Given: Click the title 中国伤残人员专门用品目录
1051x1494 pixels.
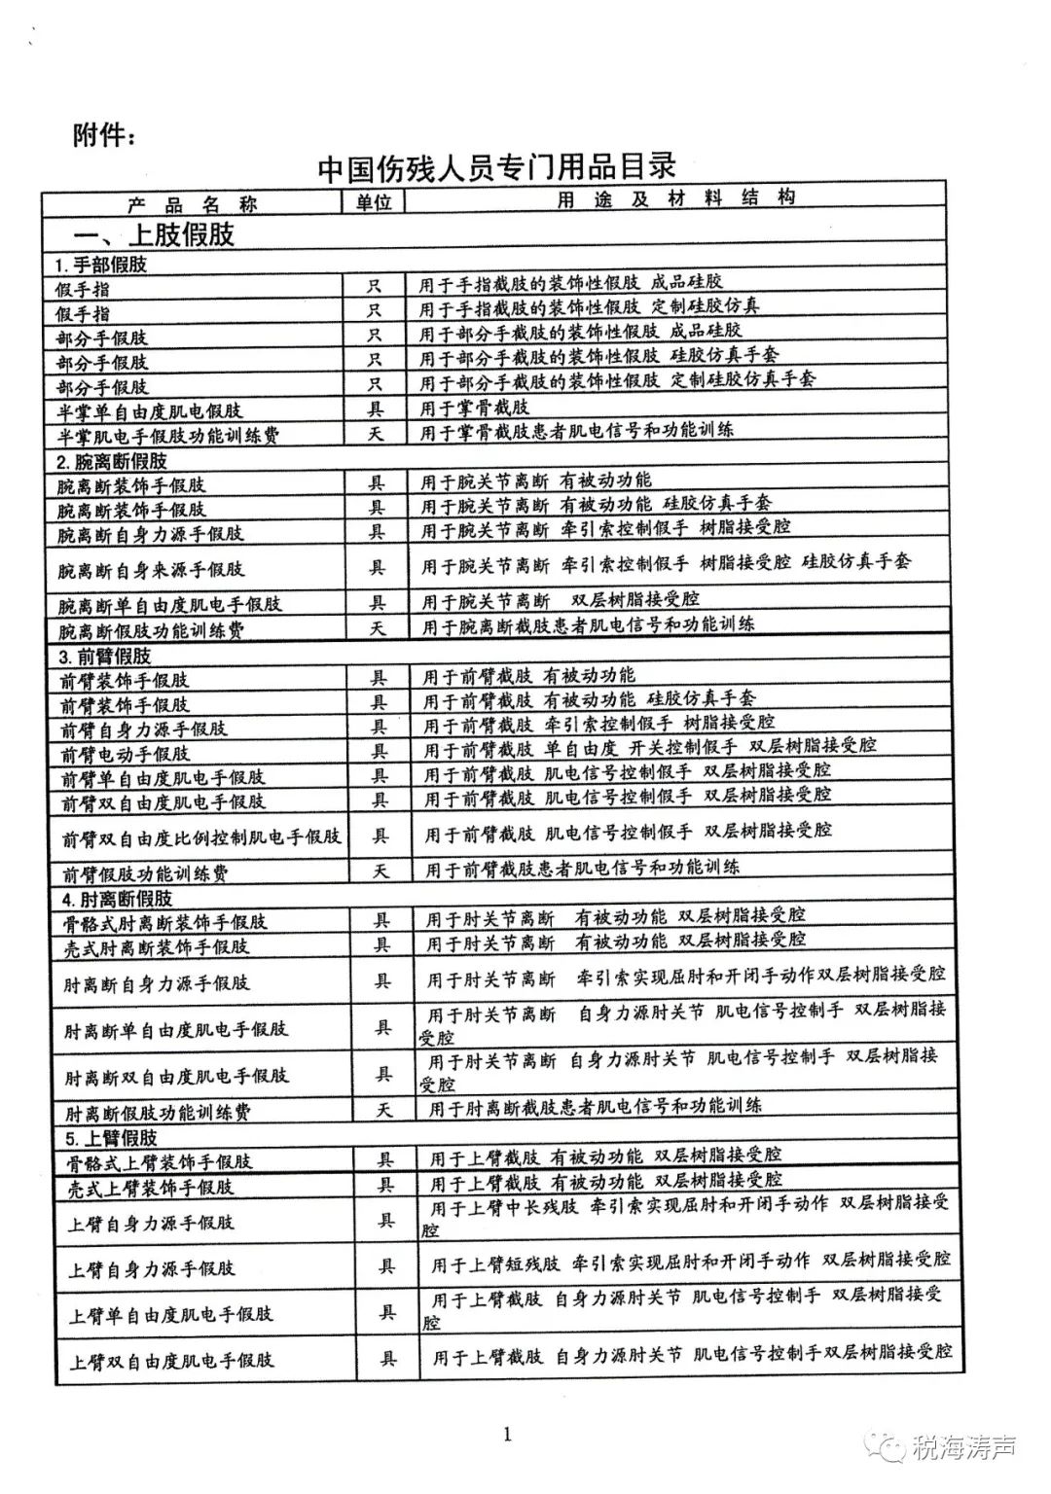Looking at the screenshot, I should tap(496, 166).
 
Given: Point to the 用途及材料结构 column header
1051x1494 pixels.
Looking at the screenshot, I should tap(675, 199).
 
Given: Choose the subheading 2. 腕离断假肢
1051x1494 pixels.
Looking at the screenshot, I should tap(111, 460).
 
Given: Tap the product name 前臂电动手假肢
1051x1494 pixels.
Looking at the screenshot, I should tap(126, 754).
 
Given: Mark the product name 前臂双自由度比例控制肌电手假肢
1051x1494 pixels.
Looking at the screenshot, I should tap(201, 836).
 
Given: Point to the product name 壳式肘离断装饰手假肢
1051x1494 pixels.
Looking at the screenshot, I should tap(156, 945).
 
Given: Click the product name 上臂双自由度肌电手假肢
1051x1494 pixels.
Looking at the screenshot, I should tap(171, 1361).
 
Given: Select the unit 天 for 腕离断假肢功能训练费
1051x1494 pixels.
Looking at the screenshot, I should tap(378, 628).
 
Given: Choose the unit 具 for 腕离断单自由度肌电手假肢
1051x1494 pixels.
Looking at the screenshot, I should tap(378, 603).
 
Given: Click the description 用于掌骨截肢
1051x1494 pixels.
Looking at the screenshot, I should tap(475, 407).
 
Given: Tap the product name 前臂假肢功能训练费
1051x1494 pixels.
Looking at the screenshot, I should tap(145, 872).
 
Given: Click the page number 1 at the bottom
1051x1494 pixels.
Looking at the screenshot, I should tap(507, 1434).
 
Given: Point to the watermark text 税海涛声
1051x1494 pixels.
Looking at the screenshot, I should tap(964, 1447).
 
